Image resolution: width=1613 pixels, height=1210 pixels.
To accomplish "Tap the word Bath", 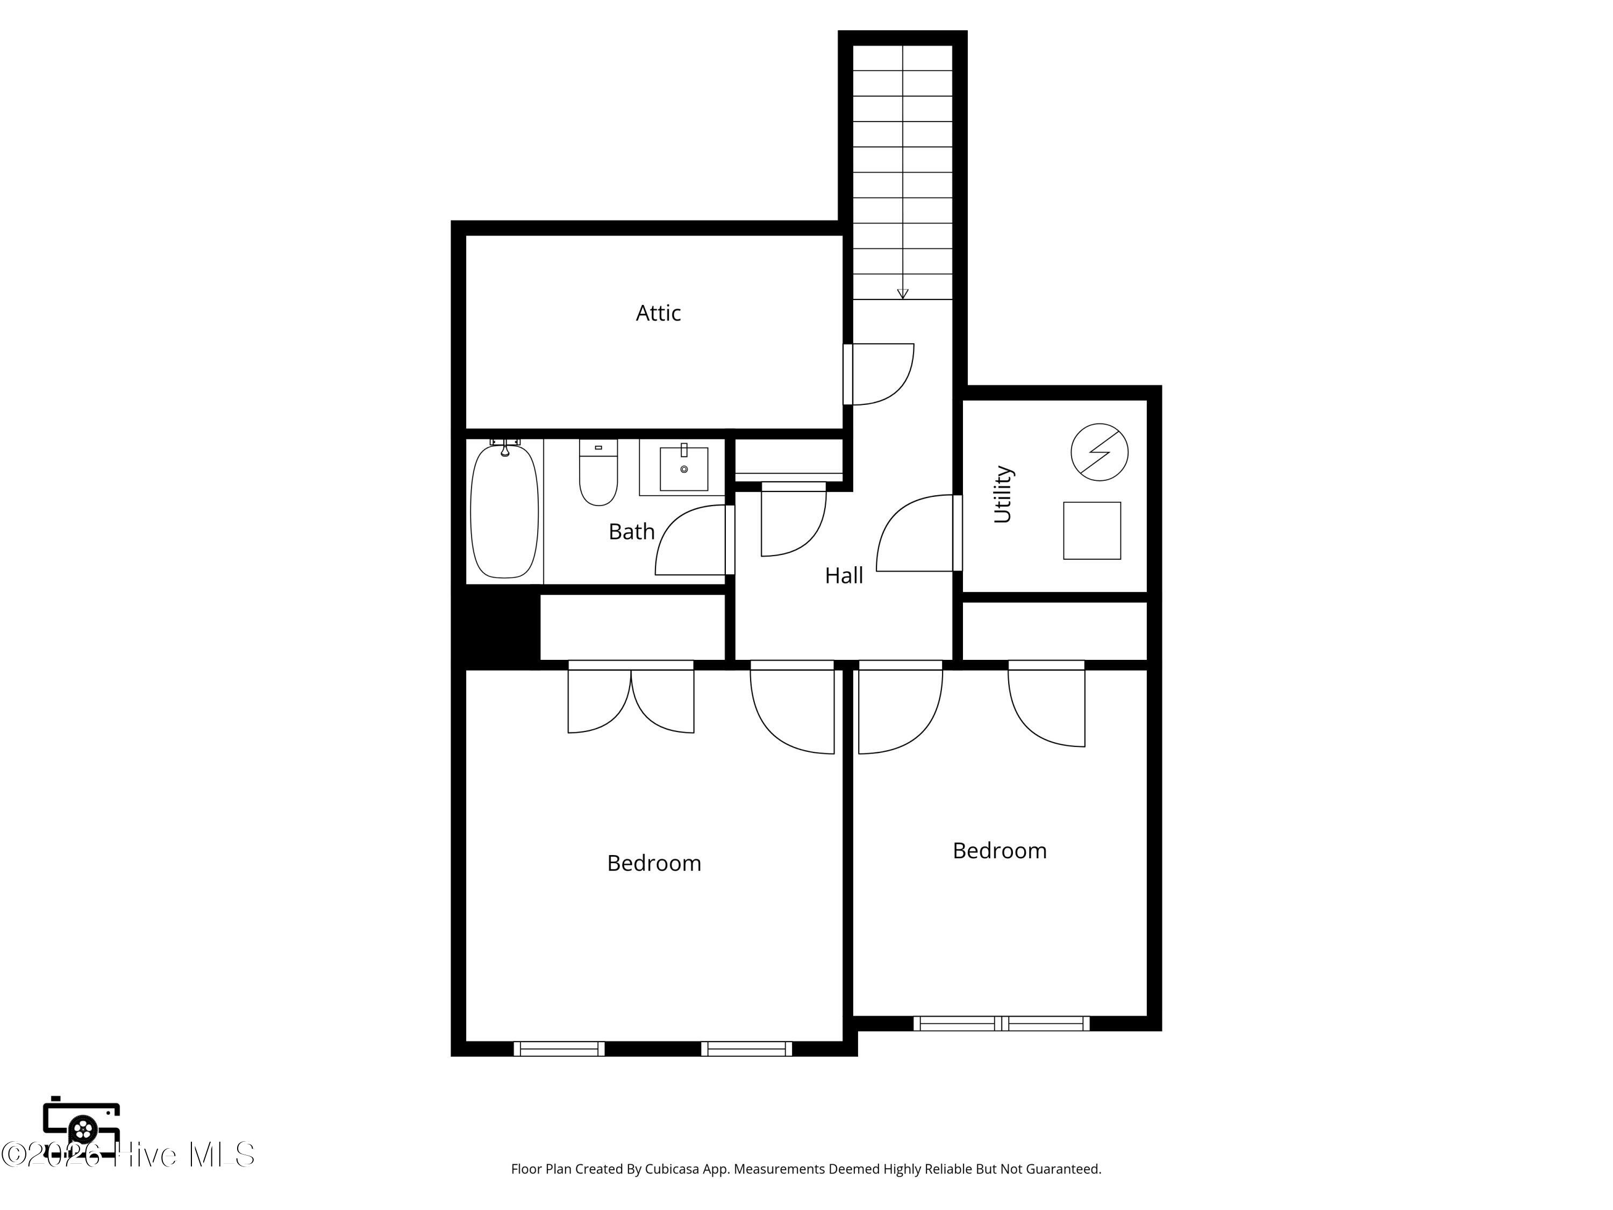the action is [x=632, y=532].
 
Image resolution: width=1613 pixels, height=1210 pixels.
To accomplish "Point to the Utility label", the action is [x=1003, y=494].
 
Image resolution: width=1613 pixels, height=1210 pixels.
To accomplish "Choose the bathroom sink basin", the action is [x=684, y=468].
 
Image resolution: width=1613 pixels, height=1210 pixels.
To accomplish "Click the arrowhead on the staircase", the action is [x=903, y=294].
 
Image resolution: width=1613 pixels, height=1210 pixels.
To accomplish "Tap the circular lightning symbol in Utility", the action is [x=1100, y=452].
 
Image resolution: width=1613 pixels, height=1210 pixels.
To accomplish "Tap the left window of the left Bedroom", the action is [x=559, y=1049].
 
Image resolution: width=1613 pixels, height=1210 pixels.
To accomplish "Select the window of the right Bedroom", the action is [x=1002, y=1023].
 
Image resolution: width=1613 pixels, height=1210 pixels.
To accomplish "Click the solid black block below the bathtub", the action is [x=496, y=627].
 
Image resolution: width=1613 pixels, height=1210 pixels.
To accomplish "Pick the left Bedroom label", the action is [x=654, y=864].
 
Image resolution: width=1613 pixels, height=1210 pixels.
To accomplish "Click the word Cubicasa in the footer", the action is [x=673, y=1169].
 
